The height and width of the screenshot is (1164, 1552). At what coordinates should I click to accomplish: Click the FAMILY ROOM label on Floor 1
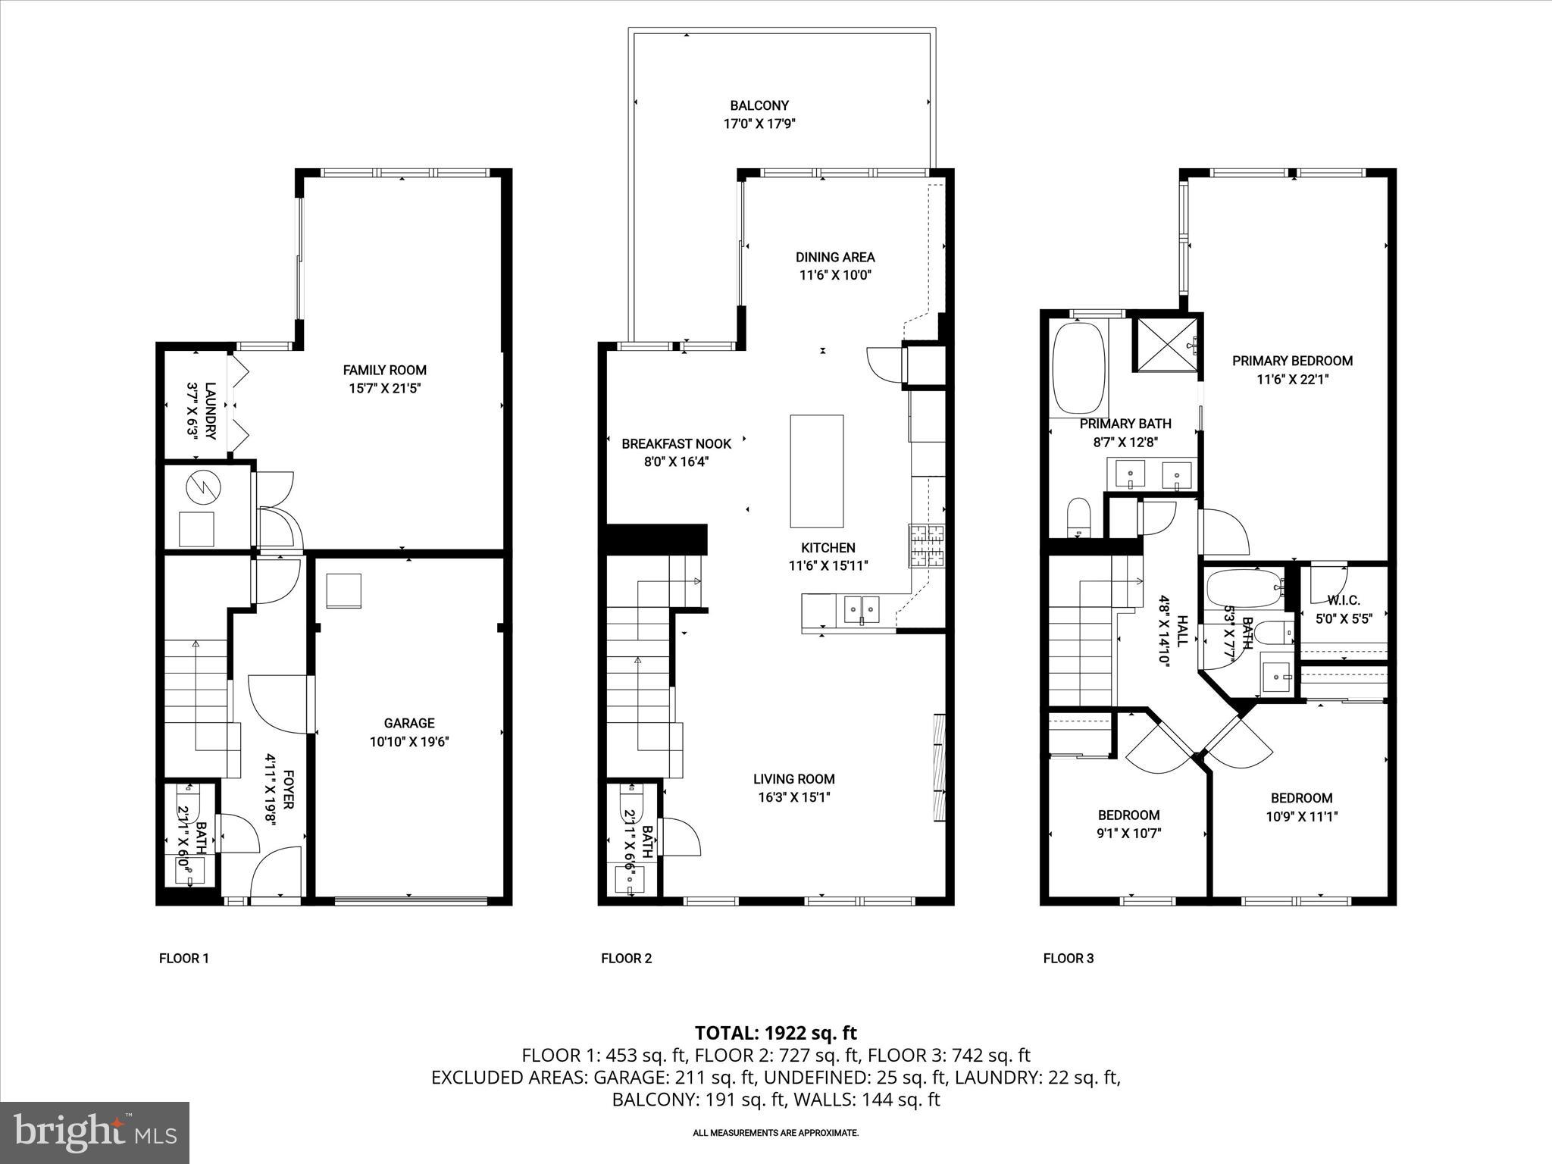click(384, 370)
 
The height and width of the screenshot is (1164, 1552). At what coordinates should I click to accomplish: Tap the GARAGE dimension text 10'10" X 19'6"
click(409, 742)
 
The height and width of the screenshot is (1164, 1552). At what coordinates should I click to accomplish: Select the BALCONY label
click(759, 106)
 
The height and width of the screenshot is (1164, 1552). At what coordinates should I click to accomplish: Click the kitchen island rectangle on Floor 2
click(816, 471)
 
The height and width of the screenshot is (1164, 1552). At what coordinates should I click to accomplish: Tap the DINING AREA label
click(834, 257)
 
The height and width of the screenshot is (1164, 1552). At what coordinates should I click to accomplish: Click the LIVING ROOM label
click(793, 778)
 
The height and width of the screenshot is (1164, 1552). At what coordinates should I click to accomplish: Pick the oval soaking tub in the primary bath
click(1078, 368)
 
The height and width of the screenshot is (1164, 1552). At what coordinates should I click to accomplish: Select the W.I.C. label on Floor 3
click(1343, 600)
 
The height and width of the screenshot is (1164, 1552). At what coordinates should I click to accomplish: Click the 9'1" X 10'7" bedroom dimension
click(1129, 834)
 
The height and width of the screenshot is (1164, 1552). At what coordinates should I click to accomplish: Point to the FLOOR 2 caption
click(626, 958)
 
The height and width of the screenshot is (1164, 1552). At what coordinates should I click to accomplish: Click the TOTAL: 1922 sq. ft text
click(775, 1032)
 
